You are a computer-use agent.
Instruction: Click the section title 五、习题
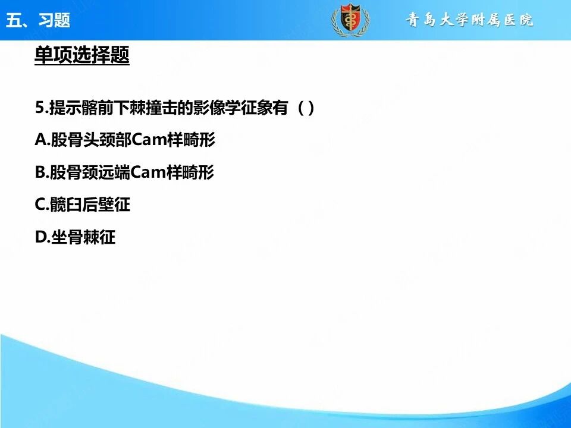(x=38, y=20)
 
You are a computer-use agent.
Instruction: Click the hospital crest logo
(x=350, y=20)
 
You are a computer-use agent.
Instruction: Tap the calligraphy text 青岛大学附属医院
(x=469, y=20)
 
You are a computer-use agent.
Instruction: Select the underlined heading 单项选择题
(x=82, y=55)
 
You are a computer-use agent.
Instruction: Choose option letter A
(x=40, y=140)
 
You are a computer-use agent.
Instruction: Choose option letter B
(x=40, y=172)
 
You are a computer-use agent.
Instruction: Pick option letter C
(x=40, y=204)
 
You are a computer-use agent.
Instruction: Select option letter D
(x=40, y=237)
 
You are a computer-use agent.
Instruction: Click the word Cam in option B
(x=148, y=172)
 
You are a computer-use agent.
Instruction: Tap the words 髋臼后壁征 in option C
(x=90, y=204)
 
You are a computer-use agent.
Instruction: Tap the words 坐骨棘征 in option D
(x=83, y=237)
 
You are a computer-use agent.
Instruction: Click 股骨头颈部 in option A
(x=91, y=140)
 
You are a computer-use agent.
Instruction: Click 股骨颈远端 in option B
(x=90, y=172)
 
